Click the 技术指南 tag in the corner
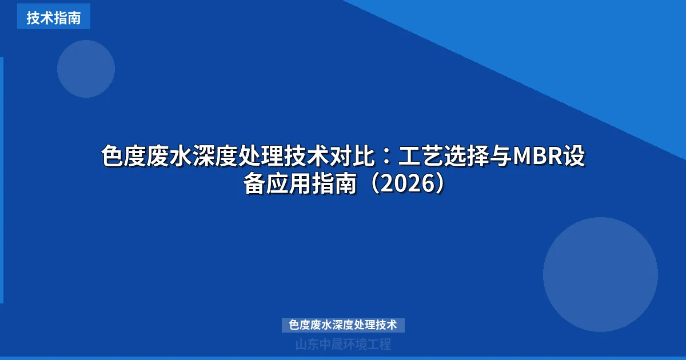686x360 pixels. [x=53, y=18]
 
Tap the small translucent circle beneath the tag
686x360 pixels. [x=86, y=69]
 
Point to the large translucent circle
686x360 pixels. [x=600, y=274]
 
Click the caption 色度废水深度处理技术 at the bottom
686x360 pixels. [x=343, y=325]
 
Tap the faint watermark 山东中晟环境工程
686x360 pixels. [x=343, y=345]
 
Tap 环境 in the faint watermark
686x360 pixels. [x=354, y=345]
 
